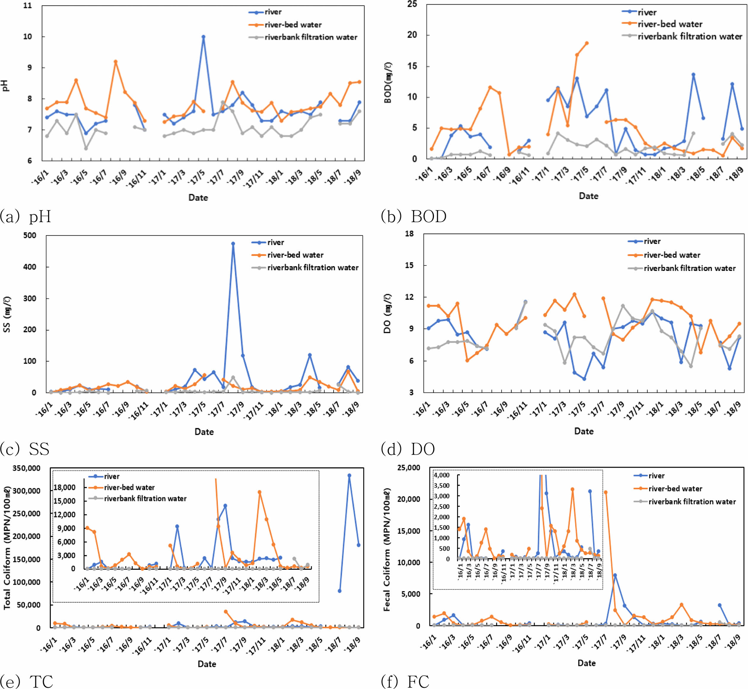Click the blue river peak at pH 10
tap(203, 37)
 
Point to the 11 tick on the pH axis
tap(27, 6)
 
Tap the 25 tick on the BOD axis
tap(412, 4)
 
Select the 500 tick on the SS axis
tap(30, 236)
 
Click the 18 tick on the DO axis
tap(409, 234)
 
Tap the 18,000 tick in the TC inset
tap(64, 487)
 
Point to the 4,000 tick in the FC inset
tap(441, 475)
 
